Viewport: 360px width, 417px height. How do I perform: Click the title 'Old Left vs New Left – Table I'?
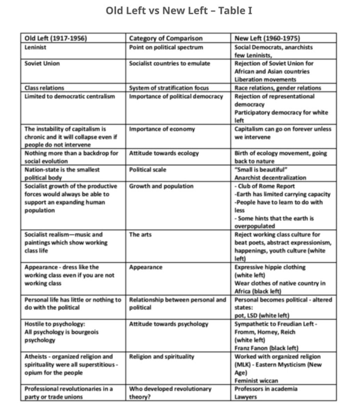coord(179,11)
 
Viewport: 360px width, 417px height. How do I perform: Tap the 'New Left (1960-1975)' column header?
coord(267,38)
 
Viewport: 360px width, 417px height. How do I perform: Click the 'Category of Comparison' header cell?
coord(166,38)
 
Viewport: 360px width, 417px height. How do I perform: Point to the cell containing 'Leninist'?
coord(35,47)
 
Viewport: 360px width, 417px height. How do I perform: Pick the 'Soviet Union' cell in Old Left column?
coord(42,63)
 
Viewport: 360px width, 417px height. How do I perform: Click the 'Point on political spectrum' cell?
coord(166,47)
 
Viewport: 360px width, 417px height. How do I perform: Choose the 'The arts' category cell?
coord(140,235)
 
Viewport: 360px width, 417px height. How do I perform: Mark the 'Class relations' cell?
coord(44,88)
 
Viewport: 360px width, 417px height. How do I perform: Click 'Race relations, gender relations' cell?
coord(278,88)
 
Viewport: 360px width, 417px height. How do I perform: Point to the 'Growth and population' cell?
coord(161,186)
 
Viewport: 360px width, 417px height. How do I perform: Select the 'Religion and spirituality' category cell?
coord(162,357)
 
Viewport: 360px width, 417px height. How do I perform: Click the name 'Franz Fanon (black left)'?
coord(266,348)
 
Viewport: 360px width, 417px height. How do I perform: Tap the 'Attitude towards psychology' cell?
coord(168,324)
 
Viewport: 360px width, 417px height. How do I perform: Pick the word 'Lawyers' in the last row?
coord(246,397)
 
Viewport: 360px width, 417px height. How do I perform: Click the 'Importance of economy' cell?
coord(162,129)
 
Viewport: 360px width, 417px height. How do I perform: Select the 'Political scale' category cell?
coord(147,170)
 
